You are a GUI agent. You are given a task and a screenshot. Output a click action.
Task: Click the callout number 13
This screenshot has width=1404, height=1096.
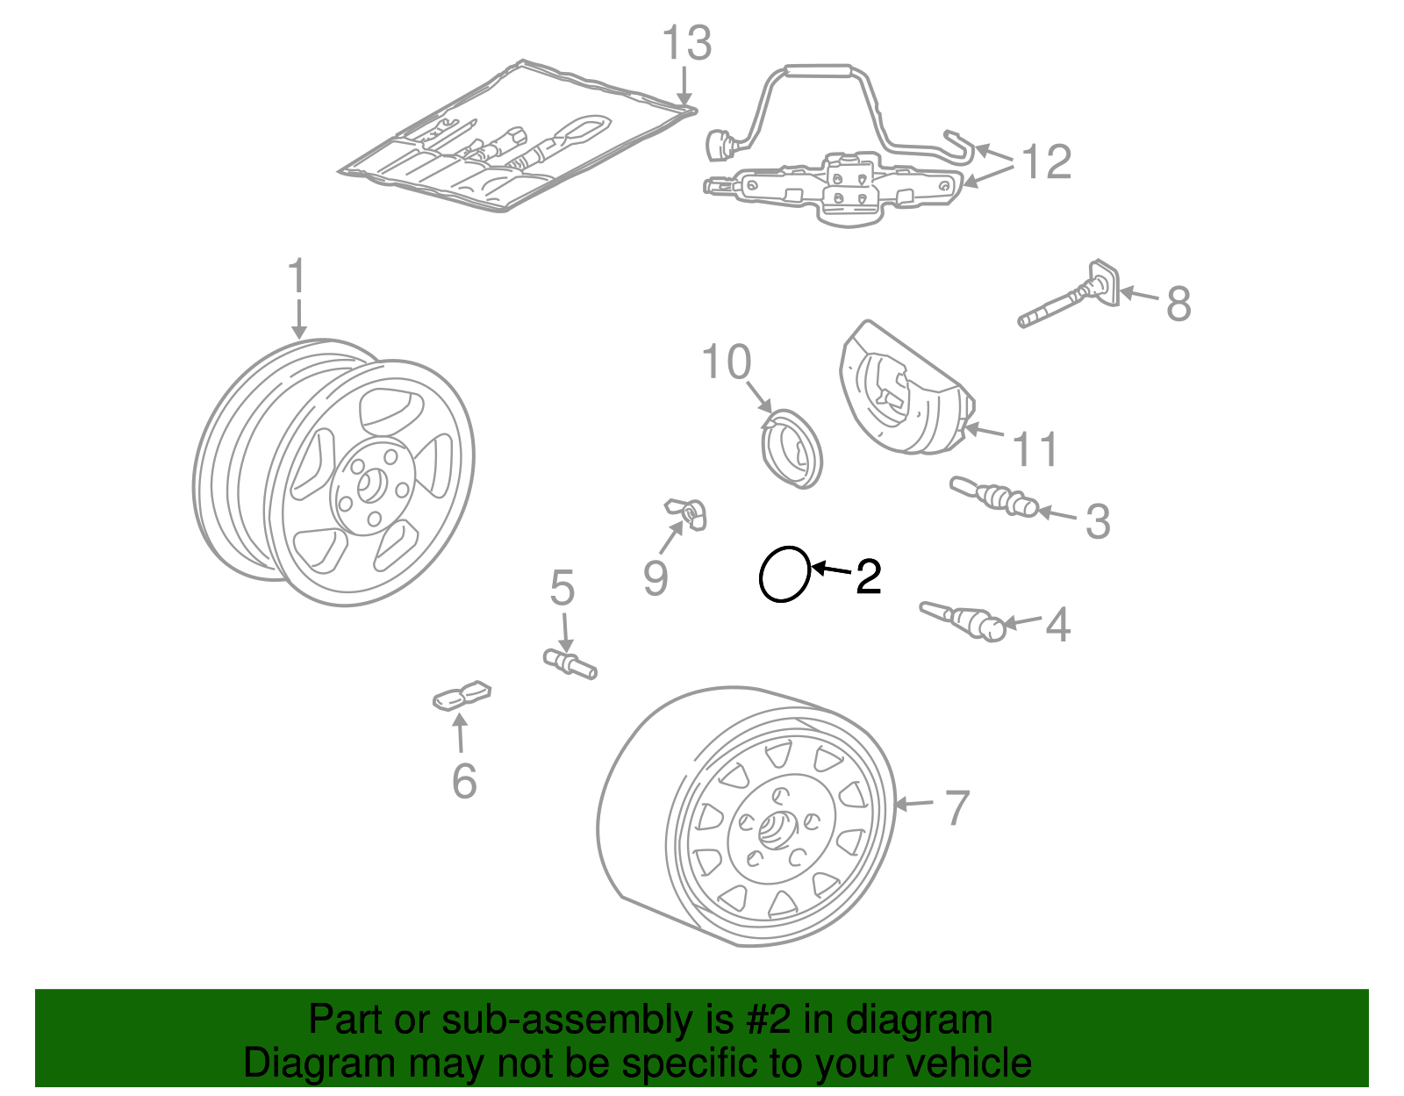(x=686, y=44)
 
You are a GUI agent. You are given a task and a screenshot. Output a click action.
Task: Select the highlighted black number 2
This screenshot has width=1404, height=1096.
(x=868, y=577)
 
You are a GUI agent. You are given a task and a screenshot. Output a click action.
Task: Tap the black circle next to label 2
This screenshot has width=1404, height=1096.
(x=784, y=574)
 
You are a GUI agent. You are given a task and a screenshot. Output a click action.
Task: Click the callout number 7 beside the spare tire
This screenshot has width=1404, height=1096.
(x=956, y=807)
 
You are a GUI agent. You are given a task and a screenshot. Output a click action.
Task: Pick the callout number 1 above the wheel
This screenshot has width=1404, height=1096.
(x=297, y=276)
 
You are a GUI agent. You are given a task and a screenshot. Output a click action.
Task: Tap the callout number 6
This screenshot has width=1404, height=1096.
(x=464, y=780)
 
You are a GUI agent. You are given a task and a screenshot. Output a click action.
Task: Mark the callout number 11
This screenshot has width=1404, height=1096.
(x=1035, y=448)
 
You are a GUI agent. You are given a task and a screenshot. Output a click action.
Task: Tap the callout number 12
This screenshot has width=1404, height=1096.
(x=1047, y=162)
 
